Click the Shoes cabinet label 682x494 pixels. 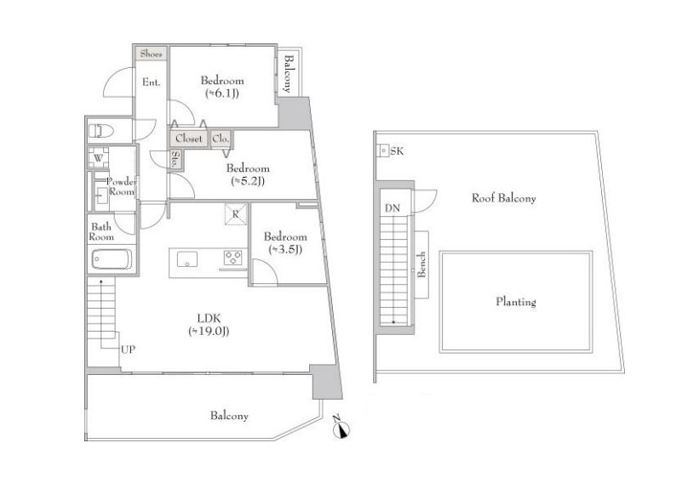151,54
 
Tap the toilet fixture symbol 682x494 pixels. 101,131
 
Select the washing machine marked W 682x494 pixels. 98,157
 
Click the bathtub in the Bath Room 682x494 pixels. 112,259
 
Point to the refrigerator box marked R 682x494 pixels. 236,214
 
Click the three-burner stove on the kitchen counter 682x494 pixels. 232,258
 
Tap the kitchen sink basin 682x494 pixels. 187,259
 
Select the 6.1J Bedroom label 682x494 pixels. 222,87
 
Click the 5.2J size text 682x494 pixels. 248,181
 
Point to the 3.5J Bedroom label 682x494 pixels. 285,243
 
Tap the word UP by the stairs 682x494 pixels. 128,349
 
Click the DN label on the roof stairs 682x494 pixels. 393,208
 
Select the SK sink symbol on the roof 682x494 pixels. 384,150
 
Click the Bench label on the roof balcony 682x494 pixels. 421,264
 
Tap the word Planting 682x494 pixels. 516,302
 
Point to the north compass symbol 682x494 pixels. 341,429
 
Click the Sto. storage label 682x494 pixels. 175,160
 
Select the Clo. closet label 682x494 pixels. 221,139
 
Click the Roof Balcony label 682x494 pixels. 504,198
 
